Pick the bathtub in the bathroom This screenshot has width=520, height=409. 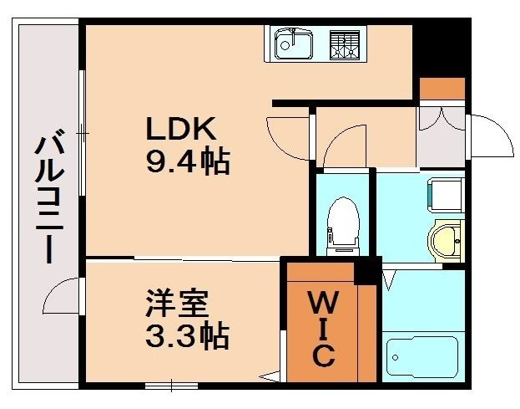tap(422, 358)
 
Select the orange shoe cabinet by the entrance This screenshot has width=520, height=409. tap(442, 88)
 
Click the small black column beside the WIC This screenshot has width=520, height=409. tap(365, 273)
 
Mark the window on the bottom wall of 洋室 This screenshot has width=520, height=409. tap(171, 385)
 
